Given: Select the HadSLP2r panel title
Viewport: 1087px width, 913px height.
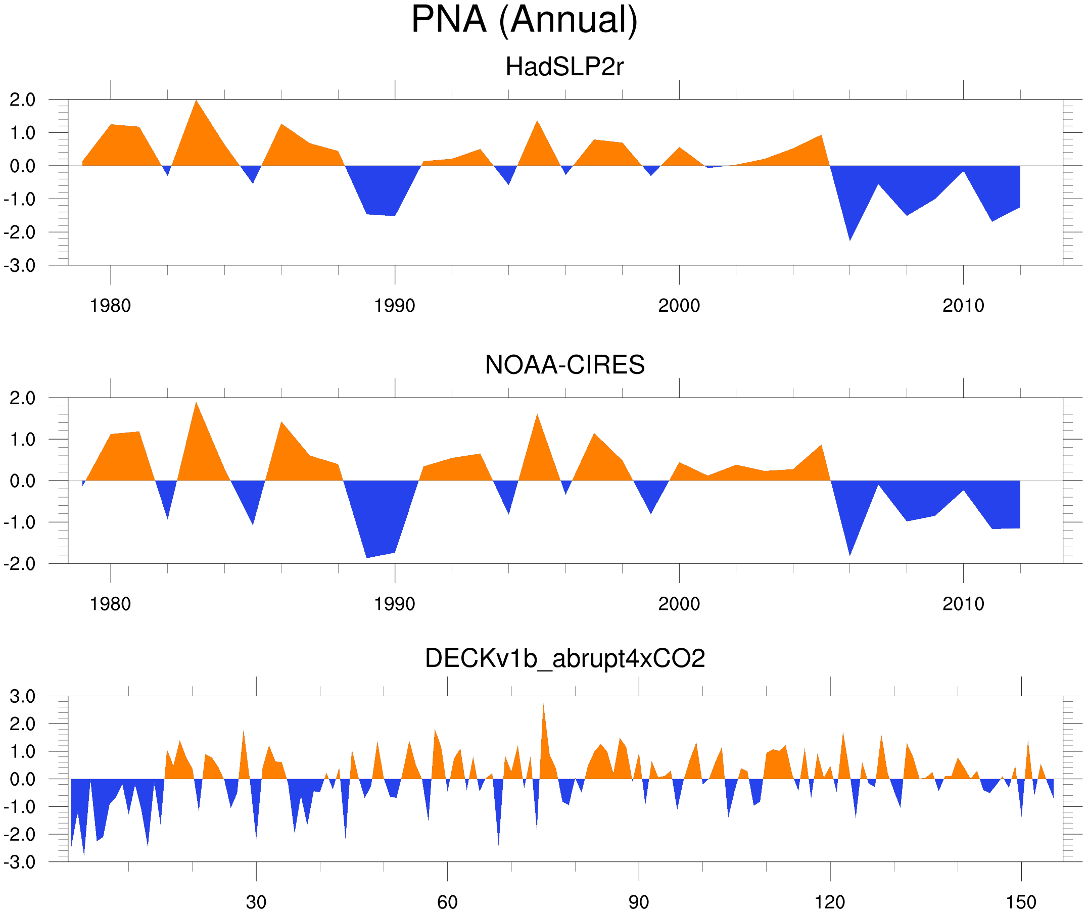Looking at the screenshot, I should point(564,67).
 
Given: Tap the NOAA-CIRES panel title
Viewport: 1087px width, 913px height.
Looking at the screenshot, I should point(564,365).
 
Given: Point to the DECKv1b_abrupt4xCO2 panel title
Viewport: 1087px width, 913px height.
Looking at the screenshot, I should point(564,659).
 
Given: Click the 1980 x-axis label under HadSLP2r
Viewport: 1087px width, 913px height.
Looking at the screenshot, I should point(110,306).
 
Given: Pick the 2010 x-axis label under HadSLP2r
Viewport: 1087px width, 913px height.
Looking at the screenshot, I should point(963,306).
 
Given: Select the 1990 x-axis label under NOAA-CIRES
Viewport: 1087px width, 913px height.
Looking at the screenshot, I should point(395,604).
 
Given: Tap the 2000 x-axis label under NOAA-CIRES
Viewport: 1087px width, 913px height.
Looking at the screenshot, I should point(679,604).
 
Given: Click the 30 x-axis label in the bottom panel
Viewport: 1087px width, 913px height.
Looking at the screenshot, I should point(256,902).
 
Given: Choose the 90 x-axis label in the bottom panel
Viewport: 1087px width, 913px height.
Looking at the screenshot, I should point(638,902).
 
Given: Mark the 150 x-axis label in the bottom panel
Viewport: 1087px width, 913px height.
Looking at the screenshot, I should point(1021,902).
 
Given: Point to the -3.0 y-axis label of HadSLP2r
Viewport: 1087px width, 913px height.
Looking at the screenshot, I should point(20,266).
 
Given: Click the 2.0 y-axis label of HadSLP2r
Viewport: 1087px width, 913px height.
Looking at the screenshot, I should point(23,100).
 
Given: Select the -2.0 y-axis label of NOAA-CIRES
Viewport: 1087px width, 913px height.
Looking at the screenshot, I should point(20,564).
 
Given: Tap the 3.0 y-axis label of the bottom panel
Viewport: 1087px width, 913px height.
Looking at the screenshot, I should point(23,697).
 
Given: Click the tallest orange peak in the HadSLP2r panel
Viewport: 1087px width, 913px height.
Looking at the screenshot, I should point(196,102).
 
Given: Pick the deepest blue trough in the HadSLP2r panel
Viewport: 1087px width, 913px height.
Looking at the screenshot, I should point(850,238).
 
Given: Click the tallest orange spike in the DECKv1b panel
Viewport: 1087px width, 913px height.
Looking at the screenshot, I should point(543,706).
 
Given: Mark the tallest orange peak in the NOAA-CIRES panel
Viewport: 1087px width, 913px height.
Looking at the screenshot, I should point(196,404).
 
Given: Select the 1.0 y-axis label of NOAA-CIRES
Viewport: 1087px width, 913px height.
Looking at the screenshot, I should point(23,440).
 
